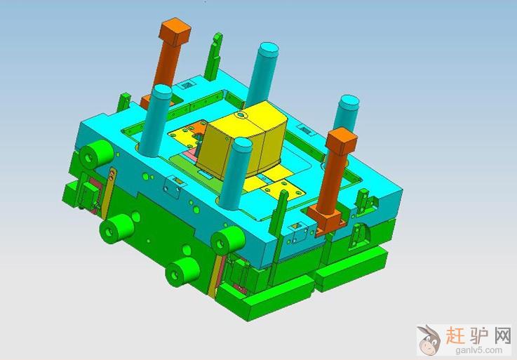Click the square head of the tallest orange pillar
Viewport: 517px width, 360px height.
175,32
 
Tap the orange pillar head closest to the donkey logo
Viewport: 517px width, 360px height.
342,140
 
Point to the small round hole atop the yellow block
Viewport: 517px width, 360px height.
241,115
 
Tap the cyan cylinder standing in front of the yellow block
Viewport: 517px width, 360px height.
236,174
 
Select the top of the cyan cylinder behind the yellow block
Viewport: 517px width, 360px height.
269,50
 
